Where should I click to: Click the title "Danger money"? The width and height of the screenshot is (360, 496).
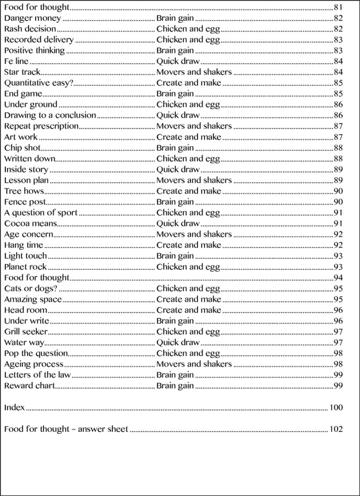pos(32,18)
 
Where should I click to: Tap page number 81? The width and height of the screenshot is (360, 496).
pos(338,7)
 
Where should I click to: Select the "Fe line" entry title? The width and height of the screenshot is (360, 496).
pos(16,61)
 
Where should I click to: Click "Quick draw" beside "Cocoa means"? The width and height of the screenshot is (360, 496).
pos(178,223)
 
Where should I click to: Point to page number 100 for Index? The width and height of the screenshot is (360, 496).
pos(336,407)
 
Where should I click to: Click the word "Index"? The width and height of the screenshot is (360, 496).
pos(14,407)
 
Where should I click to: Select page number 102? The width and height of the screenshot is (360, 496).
pos(336,429)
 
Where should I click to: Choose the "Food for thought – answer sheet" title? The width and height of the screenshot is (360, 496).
pos(66,429)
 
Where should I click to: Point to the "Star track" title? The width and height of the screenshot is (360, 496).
pos(22,72)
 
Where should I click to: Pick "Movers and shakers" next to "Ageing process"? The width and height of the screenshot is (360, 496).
pos(194,364)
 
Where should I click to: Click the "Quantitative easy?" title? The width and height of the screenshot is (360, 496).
pos(39,83)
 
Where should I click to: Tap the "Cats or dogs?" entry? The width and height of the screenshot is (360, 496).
pos(31,288)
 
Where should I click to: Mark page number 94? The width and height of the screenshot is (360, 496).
pos(338,277)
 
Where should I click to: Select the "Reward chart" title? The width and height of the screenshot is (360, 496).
pos(29,386)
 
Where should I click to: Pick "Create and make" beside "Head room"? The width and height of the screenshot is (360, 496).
pos(189,310)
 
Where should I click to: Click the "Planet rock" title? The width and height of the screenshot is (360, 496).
pos(25,267)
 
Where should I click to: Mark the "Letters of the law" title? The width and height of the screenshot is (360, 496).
pos(37,375)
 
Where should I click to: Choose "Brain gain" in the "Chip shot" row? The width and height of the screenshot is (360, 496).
pos(175,148)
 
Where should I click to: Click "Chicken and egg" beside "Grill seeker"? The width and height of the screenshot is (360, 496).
pos(188,331)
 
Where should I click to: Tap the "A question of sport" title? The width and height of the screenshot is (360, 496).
pos(41,213)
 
